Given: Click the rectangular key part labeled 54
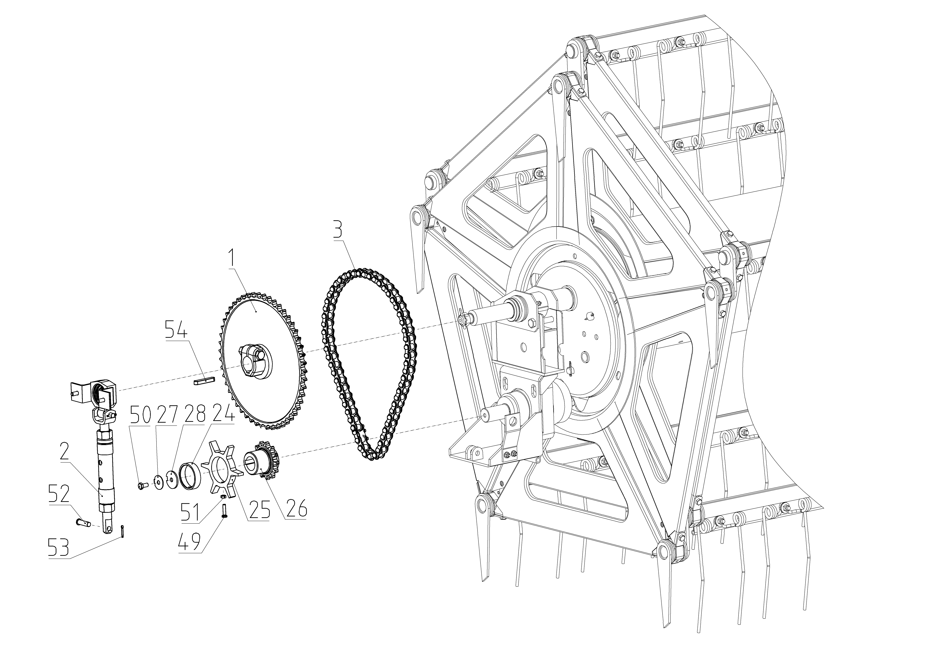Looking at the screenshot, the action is (203, 382).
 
